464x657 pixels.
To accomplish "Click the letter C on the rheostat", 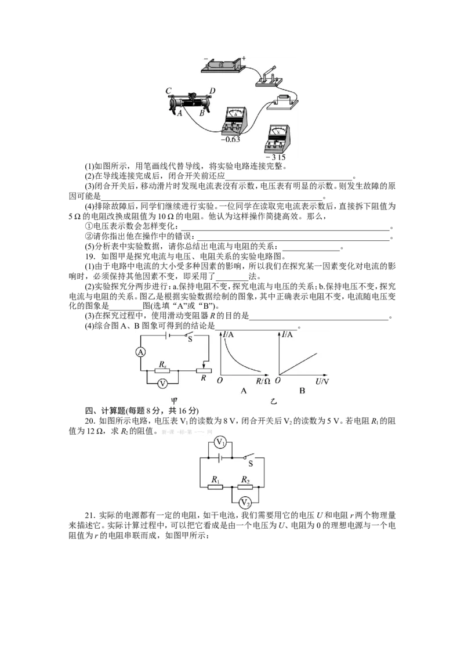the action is coord(168,91).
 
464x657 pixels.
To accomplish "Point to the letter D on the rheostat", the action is coord(212,91).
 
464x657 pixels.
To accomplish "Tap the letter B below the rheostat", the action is coord(202,113).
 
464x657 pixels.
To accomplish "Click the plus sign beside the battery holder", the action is coord(244,59).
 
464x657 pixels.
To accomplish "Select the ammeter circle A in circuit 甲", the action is coord(141,352).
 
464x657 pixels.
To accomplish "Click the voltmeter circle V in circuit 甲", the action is coord(162,384).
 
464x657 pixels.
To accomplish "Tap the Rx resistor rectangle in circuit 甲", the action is coord(162,371).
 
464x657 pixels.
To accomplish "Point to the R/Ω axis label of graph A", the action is coord(263,381).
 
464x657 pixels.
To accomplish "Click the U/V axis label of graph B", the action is coord(322,381).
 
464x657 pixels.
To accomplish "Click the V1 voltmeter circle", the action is coord(220,442).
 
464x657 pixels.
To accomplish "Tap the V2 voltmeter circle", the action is coord(245,503).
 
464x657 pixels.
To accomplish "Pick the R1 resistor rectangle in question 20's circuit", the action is coord(215,487).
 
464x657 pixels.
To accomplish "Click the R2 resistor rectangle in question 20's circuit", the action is coord(245,487).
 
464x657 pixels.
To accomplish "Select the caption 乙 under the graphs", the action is coord(274,402).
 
